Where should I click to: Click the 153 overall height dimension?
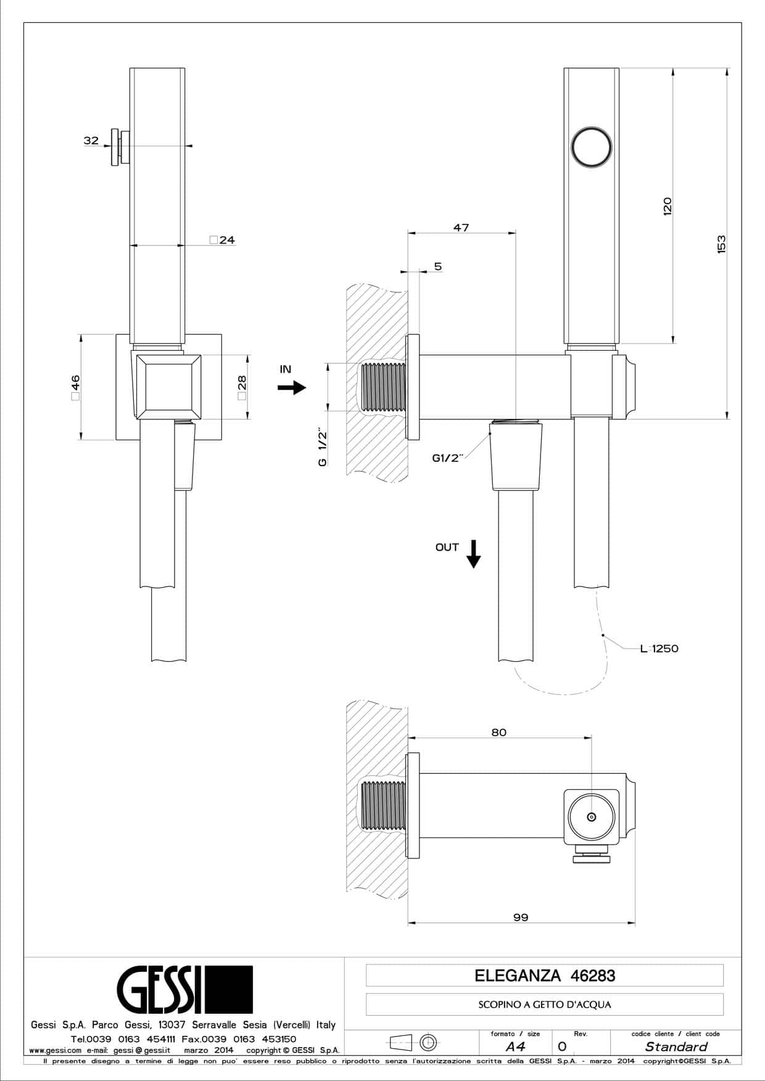722,244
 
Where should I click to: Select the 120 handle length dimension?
667,205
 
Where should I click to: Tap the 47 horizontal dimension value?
461,228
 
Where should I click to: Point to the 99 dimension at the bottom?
521,917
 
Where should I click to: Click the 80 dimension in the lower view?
498,732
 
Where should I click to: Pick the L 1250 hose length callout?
659,648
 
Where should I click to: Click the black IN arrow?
292,387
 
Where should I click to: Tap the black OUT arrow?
473,553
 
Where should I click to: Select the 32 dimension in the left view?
91,141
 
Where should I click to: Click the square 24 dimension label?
222,240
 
